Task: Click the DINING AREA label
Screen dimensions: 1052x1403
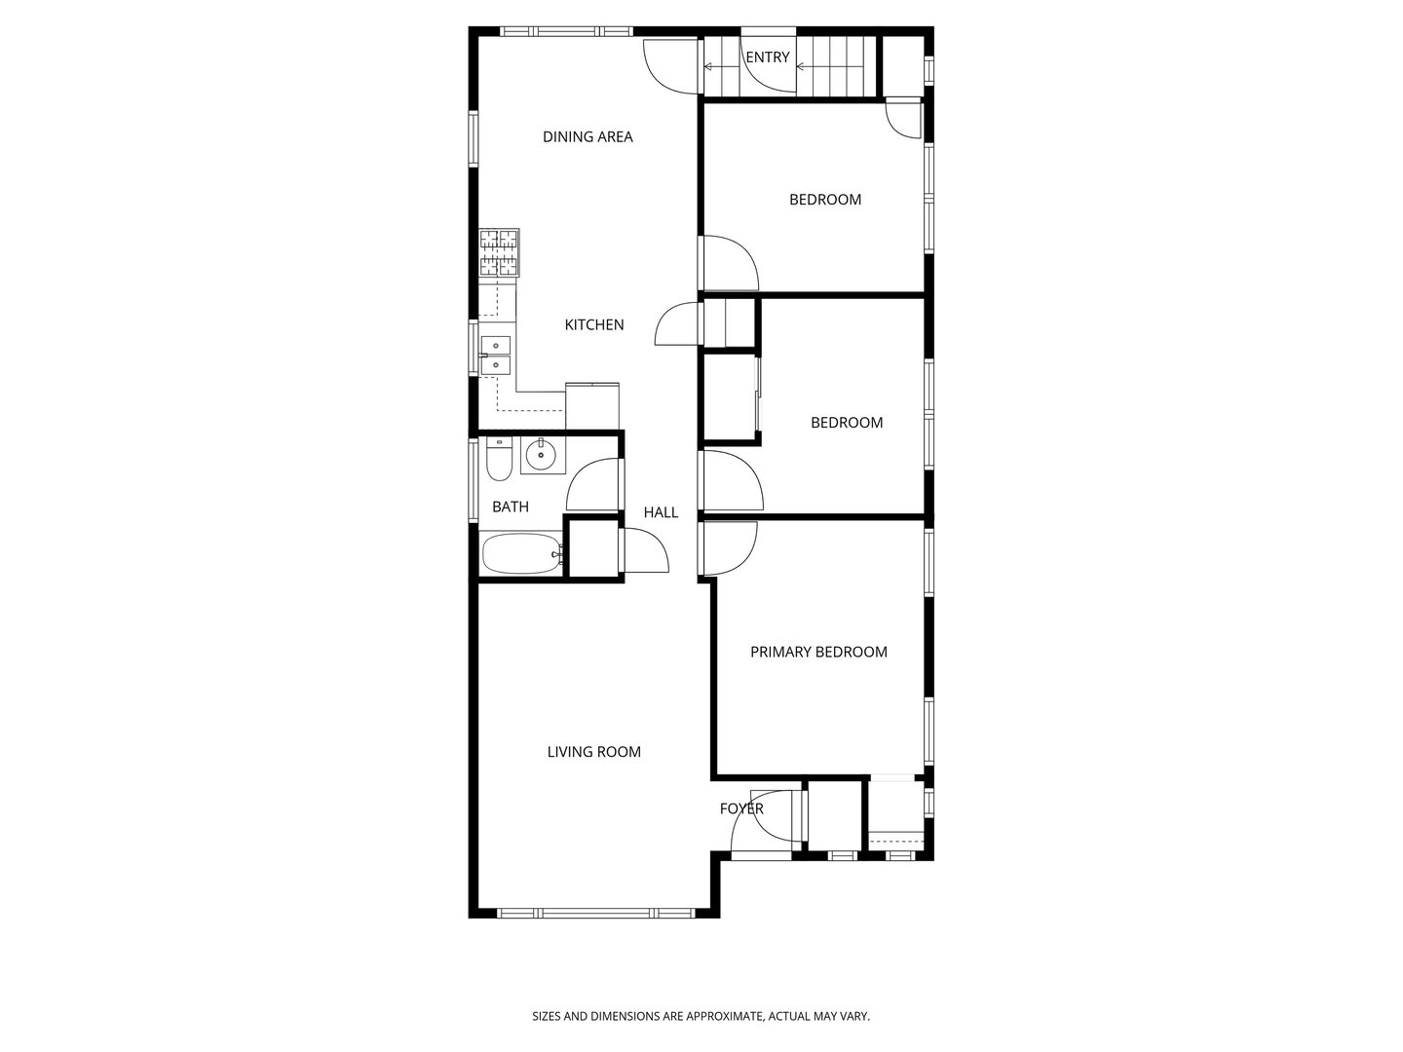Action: (588, 137)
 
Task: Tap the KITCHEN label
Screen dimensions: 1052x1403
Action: (594, 325)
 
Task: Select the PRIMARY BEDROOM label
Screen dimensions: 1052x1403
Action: (818, 653)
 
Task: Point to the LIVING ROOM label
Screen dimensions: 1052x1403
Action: (593, 752)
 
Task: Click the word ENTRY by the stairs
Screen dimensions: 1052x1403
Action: (767, 57)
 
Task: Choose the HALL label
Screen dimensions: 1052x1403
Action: (661, 512)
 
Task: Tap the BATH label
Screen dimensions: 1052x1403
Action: (511, 507)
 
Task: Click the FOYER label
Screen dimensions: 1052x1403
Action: (741, 808)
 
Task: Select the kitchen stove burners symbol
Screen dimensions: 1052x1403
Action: (499, 253)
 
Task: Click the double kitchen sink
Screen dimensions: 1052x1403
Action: (496, 355)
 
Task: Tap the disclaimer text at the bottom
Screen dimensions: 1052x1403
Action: (701, 1016)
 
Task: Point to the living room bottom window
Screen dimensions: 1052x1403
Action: (594, 913)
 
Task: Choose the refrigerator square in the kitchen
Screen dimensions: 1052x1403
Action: (591, 406)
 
